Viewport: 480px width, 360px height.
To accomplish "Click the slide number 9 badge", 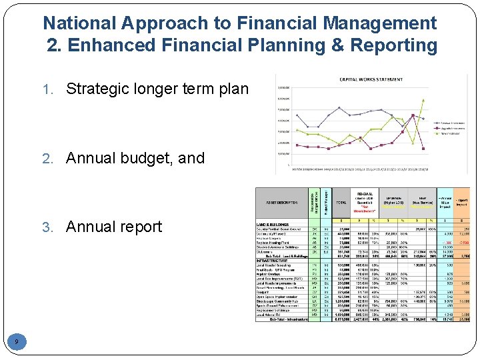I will (x=16, y=342).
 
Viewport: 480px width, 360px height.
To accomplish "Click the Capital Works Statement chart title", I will (x=371, y=79).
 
